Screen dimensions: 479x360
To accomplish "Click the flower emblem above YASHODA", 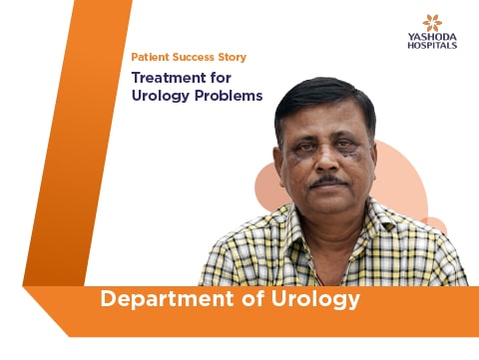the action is click(x=432, y=23).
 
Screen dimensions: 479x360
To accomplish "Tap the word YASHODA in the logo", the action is click(x=432, y=37).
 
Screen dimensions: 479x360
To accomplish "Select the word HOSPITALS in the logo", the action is click(x=432, y=45).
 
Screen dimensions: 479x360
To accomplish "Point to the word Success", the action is click(x=194, y=57).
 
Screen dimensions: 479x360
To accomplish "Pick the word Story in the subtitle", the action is click(x=233, y=58).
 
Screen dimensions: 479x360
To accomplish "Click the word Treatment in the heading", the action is click(x=169, y=78).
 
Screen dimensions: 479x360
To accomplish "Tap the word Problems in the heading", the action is click(x=229, y=96).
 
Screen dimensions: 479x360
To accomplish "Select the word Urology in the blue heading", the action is click(x=161, y=97).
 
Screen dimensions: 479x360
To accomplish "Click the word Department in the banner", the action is click(x=167, y=300).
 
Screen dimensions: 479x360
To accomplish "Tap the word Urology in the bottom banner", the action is click(x=315, y=300).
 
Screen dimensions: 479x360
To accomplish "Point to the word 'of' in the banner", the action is click(x=252, y=298).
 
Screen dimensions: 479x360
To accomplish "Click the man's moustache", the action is click(x=328, y=181).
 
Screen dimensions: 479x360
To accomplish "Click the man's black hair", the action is click(x=324, y=99).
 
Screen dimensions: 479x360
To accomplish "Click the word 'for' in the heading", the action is click(x=221, y=78).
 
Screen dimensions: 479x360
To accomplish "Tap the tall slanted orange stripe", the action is click(x=78, y=143).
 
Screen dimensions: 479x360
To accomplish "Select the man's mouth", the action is click(x=327, y=188).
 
